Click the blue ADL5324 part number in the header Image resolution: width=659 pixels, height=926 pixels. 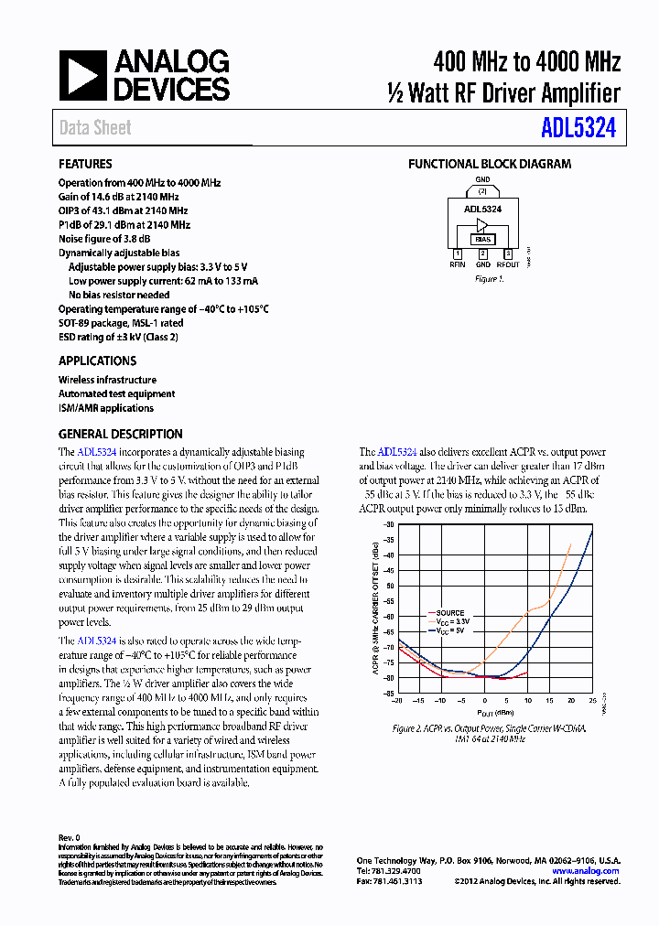click(x=578, y=128)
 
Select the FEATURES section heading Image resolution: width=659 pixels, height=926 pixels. click(x=85, y=165)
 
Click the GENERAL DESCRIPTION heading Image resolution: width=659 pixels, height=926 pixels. click(x=120, y=434)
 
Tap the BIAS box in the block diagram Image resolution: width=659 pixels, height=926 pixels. click(x=482, y=239)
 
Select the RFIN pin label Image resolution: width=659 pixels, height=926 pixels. click(x=458, y=264)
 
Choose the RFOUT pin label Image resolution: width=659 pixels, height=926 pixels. click(x=508, y=264)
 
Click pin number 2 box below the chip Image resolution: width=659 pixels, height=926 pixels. click(x=482, y=253)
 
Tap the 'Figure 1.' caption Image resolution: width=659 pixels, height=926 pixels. click(x=488, y=279)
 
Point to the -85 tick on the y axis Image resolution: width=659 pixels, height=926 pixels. click(x=388, y=693)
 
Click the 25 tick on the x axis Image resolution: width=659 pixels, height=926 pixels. click(x=592, y=700)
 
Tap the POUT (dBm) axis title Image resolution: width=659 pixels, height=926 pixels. click(x=494, y=711)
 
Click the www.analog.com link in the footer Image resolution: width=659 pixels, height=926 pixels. click(x=586, y=871)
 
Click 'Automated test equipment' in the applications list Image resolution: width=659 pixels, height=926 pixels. click(x=116, y=393)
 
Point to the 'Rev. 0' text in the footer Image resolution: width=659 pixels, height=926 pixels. click(x=70, y=837)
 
